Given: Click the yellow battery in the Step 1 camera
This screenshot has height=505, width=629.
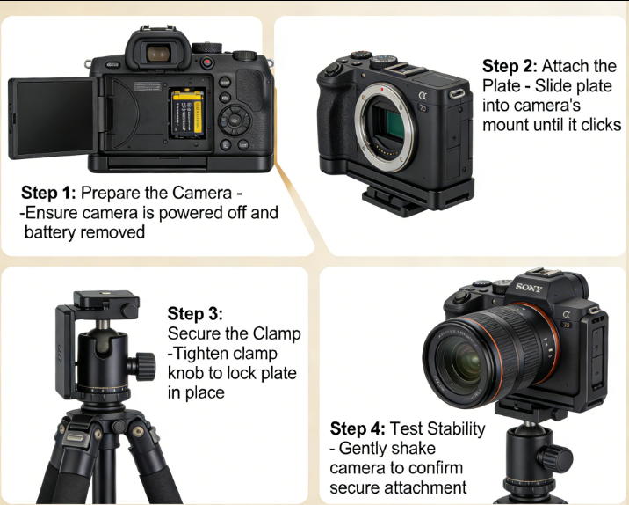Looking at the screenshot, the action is [188, 113].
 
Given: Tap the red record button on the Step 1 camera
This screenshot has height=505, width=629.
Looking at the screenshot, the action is [207, 62].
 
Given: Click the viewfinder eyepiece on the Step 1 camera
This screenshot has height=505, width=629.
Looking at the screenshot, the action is [158, 53].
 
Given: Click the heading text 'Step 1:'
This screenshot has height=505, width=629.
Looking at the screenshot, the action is [48, 193].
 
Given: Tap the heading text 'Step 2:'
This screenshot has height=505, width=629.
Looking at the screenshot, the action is [510, 66].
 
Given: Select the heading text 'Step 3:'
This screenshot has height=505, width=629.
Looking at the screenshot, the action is [195, 313].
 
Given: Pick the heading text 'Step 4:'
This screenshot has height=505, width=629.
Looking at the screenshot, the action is [358, 428].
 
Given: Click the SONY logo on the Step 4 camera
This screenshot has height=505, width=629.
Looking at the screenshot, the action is [529, 287].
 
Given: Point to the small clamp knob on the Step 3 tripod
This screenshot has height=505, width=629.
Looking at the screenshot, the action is [130, 311].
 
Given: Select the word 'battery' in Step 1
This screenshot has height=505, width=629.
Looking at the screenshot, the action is [50, 232].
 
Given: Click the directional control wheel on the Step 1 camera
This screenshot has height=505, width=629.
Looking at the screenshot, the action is [235, 120].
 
